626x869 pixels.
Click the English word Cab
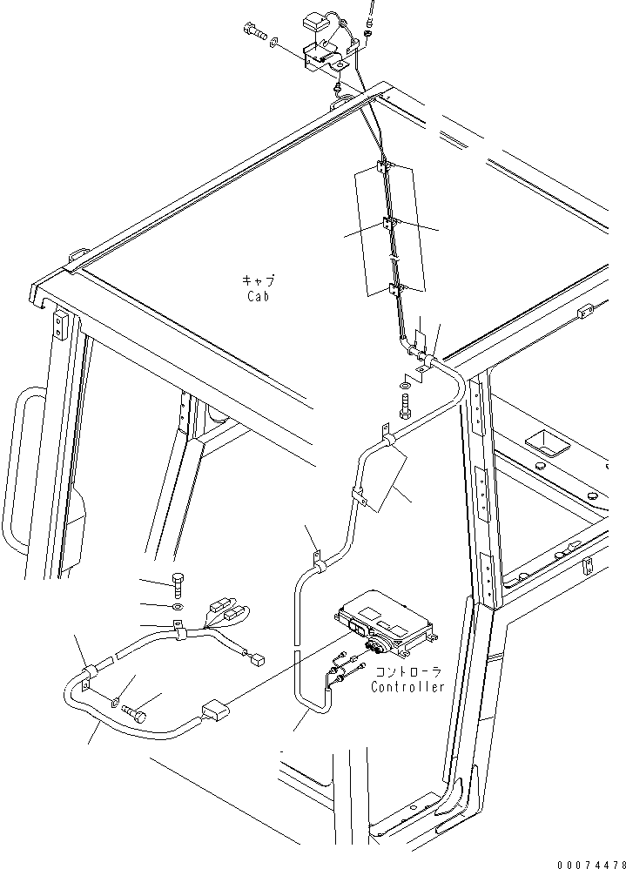tap(259, 296)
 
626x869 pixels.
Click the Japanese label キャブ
tap(259, 280)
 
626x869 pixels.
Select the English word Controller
tap(407, 687)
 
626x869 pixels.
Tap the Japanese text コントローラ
tap(408, 672)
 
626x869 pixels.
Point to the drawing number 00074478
tap(591, 864)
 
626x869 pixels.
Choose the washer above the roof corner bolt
tap(405, 384)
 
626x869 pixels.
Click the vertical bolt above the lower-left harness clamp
tap(178, 583)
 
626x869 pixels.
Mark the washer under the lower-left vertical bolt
tap(177, 606)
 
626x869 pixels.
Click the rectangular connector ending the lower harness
tap(214, 711)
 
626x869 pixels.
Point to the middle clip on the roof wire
tap(389, 225)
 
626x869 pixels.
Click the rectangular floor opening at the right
tap(549, 443)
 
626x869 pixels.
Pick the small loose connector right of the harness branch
tap(257, 659)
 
